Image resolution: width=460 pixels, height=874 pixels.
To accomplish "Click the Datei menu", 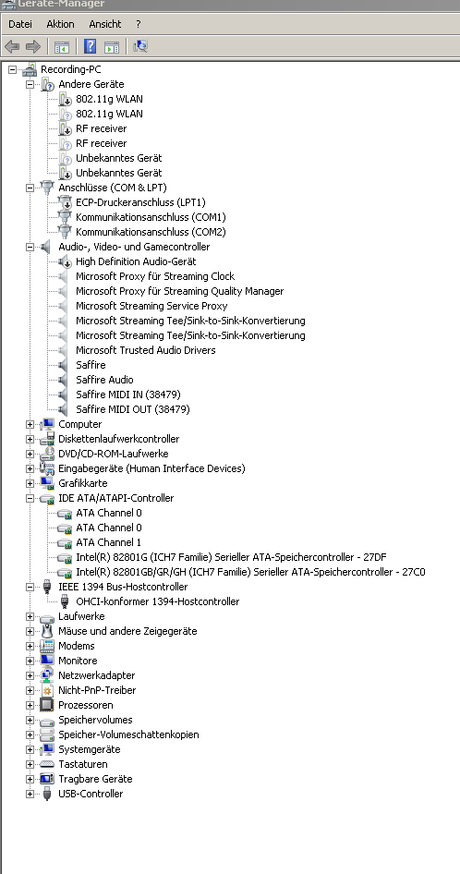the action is tap(20, 24).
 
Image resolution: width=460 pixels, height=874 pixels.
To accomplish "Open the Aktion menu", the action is tap(60, 24).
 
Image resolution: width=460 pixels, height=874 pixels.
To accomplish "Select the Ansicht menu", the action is tap(104, 24).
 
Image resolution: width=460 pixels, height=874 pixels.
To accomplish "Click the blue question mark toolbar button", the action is tap(90, 46).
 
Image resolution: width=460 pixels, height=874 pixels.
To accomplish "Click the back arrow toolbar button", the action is tap(12, 46).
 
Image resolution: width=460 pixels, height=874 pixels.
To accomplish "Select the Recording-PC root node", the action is tap(71, 69).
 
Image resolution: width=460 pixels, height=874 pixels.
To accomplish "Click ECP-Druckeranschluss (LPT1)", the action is tap(140, 202).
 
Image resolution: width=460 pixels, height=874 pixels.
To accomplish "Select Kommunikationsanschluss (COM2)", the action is tap(151, 232).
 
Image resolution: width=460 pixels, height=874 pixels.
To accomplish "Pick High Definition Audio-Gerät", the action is tap(136, 261).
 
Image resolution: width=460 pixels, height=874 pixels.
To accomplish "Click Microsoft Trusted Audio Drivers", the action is tap(146, 350).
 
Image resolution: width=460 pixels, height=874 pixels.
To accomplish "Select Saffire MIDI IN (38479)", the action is tap(128, 395).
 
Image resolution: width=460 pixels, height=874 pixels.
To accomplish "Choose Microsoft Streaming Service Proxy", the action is tap(151, 306).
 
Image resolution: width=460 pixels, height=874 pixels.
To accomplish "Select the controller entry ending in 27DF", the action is tap(232, 557).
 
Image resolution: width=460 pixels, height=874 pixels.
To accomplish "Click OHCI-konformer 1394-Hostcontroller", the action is tap(158, 601).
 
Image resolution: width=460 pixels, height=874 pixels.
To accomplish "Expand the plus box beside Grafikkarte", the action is tap(30, 483).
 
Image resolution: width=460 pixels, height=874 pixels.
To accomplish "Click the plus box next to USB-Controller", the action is tap(30, 794).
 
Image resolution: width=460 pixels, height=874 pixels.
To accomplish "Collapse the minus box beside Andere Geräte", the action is tap(30, 84).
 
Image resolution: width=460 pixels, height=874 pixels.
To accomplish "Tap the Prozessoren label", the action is tap(86, 705).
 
